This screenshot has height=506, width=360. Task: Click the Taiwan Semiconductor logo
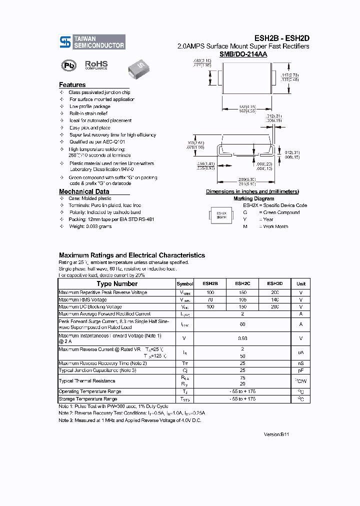point(92,41)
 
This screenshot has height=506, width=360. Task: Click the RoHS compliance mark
point(96,65)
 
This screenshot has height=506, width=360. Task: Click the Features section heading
point(72,85)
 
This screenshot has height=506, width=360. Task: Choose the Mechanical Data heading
point(84,191)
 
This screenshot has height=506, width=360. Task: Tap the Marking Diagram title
point(253,198)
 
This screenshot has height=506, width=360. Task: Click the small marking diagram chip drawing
point(221,215)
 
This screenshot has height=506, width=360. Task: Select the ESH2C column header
point(242,283)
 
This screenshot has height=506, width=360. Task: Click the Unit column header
point(301,283)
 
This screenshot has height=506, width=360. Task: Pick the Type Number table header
point(117,283)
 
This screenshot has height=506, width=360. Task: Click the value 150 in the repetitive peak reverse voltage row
point(242,292)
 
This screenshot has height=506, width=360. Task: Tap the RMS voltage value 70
point(210,299)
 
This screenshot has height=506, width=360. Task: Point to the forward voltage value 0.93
point(242,338)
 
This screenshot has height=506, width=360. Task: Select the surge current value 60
point(242,324)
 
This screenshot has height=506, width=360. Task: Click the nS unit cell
point(301,363)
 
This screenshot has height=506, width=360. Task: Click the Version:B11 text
point(276,434)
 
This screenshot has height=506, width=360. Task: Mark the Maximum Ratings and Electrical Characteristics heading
point(132,255)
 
